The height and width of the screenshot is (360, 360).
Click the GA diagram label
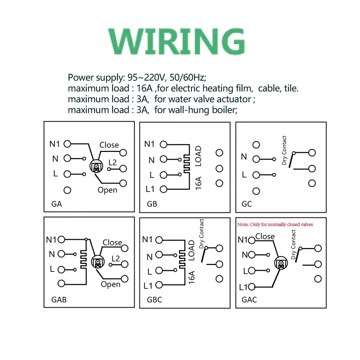coord(57,204)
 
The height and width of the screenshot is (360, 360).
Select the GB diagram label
coord(152,204)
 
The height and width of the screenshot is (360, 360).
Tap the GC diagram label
coord(247,204)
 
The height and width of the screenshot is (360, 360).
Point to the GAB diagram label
coord(59,300)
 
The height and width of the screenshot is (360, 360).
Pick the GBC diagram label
coord(154,300)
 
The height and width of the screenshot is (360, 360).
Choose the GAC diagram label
coord(249,300)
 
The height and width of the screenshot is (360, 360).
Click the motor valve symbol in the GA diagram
coord(96,166)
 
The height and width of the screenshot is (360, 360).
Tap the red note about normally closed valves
coord(275,224)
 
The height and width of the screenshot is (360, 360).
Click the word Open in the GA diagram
coord(107,190)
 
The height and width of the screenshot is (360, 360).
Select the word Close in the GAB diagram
coord(112,242)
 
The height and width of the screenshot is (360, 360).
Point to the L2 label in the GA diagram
coord(113,162)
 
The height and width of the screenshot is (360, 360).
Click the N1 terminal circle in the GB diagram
coord(164,144)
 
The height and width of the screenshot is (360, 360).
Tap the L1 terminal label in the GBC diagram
coord(148,286)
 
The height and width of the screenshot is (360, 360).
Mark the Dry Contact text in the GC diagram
coord(284,150)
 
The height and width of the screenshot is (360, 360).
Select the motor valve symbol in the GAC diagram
coord(280,264)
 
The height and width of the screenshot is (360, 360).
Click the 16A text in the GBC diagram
coord(192,278)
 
